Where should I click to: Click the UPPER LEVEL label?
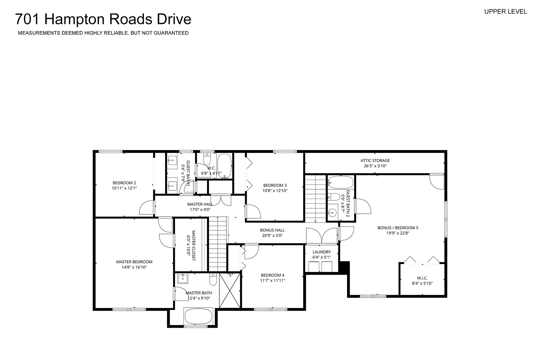point(506,12)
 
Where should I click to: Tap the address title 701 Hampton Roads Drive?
point(103,19)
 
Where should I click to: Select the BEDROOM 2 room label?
point(124,183)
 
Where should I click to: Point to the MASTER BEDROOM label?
point(134,262)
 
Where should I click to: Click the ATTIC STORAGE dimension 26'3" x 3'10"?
point(375,166)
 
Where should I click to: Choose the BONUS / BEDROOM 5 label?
point(398,228)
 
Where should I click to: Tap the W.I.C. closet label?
point(422,278)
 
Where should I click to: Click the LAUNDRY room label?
point(322,252)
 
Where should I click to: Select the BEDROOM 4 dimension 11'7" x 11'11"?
point(273,280)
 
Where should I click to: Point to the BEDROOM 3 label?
point(275,185)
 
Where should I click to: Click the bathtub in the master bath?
point(198,316)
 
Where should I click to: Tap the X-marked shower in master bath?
point(230,290)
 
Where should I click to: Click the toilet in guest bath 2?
point(334,197)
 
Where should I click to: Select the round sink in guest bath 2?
point(333,213)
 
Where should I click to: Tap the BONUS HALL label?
point(272,230)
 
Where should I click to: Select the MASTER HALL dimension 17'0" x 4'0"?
point(200,210)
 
